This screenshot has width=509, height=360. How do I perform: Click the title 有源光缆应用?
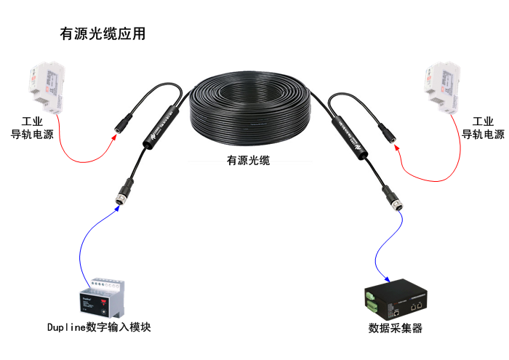(x=103, y=34)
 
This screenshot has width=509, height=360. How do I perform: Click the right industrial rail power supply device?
(x=441, y=89)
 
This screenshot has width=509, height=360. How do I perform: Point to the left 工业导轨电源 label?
(x=32, y=127)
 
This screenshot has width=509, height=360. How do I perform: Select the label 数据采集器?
(x=396, y=328)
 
